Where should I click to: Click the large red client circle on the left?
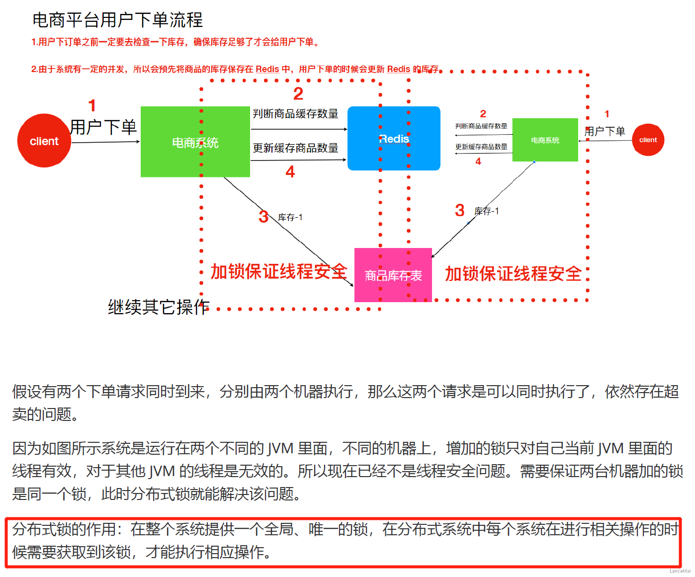point(44,141)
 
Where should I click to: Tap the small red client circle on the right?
point(648,140)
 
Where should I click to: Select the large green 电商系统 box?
point(195,142)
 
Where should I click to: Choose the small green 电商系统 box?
point(545,140)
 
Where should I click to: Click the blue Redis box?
point(394,139)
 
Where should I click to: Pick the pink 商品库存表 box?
point(393,275)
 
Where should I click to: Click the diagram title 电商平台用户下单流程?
point(117,20)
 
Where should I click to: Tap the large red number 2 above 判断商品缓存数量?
point(298,93)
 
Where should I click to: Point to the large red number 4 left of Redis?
point(290,172)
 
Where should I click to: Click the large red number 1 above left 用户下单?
point(92,105)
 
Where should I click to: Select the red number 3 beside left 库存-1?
point(263,217)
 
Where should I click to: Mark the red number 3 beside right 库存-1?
point(460,210)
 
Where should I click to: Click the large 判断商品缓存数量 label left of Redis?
point(295,114)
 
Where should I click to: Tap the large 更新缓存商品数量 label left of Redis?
point(295,148)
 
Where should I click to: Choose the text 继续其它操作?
point(159,307)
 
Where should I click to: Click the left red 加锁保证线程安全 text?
point(278,271)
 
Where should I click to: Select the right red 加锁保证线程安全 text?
point(513,273)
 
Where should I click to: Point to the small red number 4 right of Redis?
point(478,162)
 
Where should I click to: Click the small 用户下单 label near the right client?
point(605,131)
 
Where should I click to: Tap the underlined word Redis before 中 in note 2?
point(267,69)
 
